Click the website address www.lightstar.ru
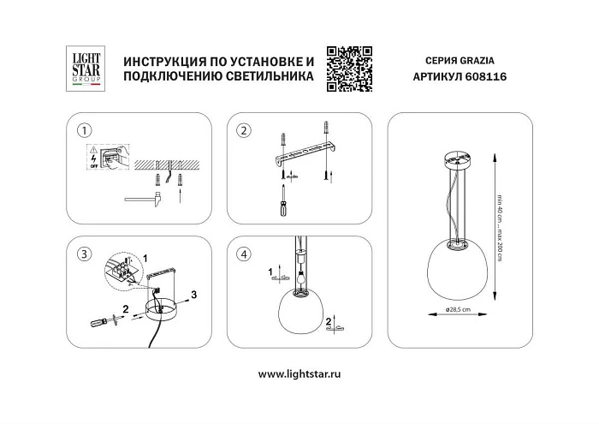pyautogui.click(x=299, y=373)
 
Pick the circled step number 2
pyautogui.click(x=244, y=131)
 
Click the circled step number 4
pyautogui.click(x=244, y=254)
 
